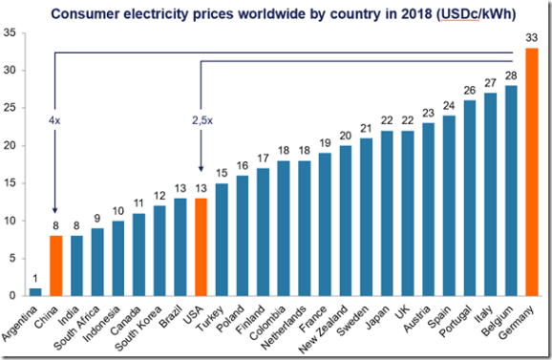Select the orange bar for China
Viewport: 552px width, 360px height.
pyautogui.click(x=56, y=266)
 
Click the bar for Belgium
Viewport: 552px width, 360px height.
pyautogui.click(x=511, y=191)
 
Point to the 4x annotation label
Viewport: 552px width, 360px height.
pyautogui.click(x=54, y=121)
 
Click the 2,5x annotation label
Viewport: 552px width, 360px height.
pyautogui.click(x=201, y=121)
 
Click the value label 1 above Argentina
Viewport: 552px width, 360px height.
pyautogui.click(x=35, y=280)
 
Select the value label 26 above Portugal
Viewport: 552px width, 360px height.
pyautogui.click(x=470, y=92)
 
